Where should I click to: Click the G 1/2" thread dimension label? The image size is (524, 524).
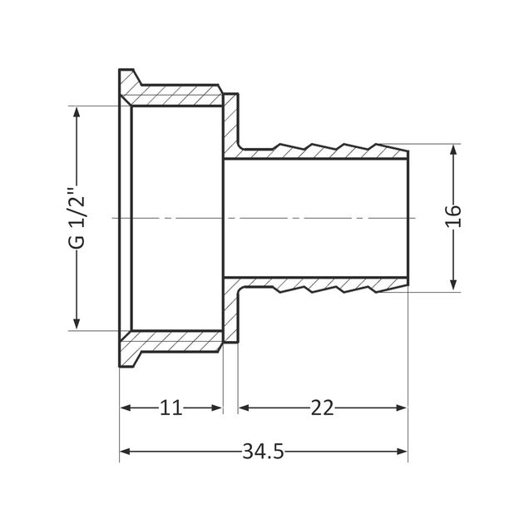click(x=77, y=218)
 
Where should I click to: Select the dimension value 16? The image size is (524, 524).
click(x=453, y=218)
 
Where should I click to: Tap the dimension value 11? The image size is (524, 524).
click(x=171, y=408)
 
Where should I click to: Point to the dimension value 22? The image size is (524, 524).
click(x=322, y=408)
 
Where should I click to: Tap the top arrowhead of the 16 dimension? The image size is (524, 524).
click(x=453, y=151)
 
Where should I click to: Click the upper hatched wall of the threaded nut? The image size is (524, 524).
click(x=179, y=94)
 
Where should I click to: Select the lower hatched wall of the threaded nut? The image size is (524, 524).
click(x=179, y=341)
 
